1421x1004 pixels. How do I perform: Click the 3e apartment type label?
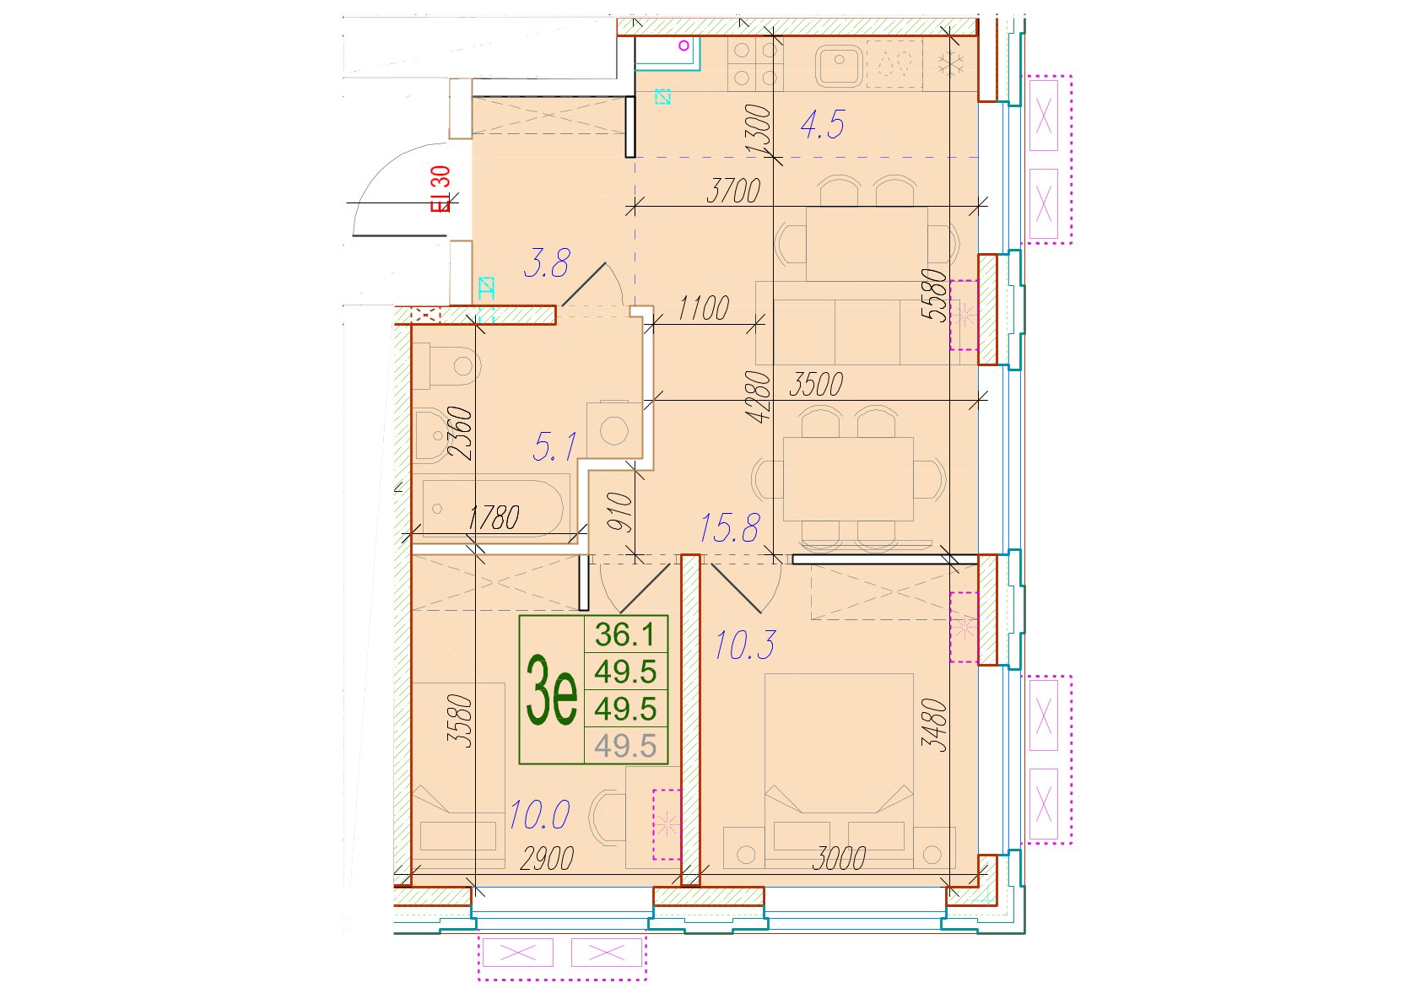pyautogui.click(x=551, y=691)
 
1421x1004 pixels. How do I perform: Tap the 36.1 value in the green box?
pyautogui.click(x=625, y=634)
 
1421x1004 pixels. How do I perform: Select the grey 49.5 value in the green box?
pyautogui.click(x=625, y=746)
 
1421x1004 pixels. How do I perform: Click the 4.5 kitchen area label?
pyautogui.click(x=823, y=124)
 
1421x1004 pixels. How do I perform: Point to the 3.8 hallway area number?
pyautogui.click(x=547, y=263)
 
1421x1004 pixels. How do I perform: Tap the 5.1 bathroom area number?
pyautogui.click(x=554, y=446)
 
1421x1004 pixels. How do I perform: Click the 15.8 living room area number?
pyautogui.click(x=730, y=528)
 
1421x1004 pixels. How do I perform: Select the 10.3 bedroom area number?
pyautogui.click(x=745, y=645)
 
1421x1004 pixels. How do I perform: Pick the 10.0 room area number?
pyautogui.click(x=540, y=815)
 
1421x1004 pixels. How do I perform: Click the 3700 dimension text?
pyautogui.click(x=733, y=191)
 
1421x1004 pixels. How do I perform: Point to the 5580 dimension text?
pyautogui.click(x=935, y=295)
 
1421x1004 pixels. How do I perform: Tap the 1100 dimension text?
pyautogui.click(x=703, y=309)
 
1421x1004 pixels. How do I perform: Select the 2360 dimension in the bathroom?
pyautogui.click(x=461, y=433)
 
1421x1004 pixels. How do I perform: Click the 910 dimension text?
pyautogui.click(x=621, y=512)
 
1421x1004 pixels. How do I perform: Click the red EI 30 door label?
pyautogui.click(x=440, y=188)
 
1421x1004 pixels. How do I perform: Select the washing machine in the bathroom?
pyautogui.click(x=614, y=429)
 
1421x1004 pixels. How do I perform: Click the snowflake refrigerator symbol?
pyautogui.click(x=951, y=64)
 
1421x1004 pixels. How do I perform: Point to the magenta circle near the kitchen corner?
pyautogui.click(x=683, y=46)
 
